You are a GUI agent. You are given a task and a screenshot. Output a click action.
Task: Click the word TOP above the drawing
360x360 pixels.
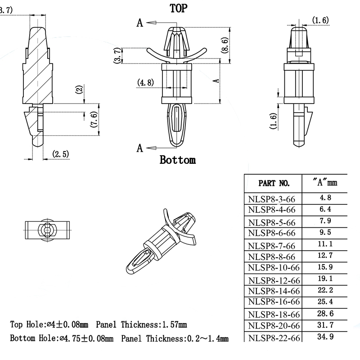point(178,8)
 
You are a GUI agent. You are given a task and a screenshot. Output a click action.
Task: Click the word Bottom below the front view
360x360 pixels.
point(178,160)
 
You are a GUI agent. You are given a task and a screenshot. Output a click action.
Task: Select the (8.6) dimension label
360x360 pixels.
point(225,45)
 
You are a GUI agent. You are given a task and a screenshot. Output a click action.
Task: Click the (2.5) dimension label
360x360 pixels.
point(60,154)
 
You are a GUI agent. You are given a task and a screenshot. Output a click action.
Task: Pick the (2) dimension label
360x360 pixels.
point(79,89)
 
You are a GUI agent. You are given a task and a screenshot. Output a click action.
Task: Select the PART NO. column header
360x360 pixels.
point(274,183)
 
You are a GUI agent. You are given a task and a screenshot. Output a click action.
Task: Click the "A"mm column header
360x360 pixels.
point(324,183)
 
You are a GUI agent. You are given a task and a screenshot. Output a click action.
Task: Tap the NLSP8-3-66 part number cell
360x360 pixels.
point(271,198)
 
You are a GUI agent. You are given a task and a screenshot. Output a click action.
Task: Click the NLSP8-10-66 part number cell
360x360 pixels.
point(274,268)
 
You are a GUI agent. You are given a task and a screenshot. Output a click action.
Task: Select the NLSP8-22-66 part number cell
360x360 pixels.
point(274,337)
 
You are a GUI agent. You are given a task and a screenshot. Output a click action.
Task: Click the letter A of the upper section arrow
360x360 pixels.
point(140,22)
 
